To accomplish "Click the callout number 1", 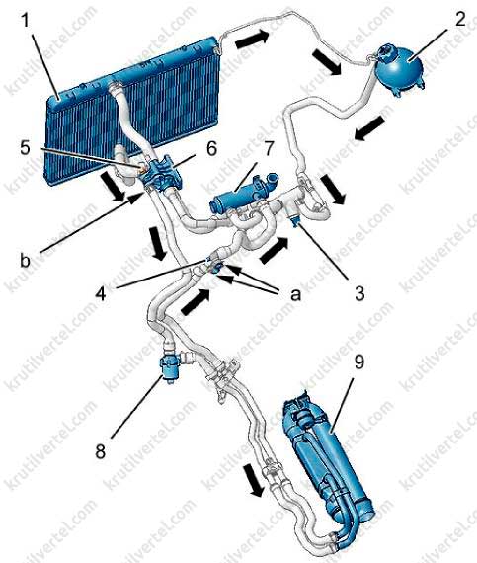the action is (x=26, y=21).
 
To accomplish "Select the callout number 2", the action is (x=460, y=19).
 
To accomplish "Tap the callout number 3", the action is (x=359, y=292).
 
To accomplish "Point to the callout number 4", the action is (x=101, y=293).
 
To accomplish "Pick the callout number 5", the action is (x=25, y=147).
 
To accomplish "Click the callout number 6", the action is (x=211, y=148).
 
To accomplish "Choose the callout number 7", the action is (x=269, y=149).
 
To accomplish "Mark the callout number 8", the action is (x=101, y=451).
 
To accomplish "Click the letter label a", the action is (x=295, y=294).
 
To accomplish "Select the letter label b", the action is (x=25, y=260).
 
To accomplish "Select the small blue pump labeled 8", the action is (x=170, y=367).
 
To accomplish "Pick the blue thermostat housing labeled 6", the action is (x=162, y=173).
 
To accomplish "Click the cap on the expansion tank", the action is (x=385, y=51).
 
